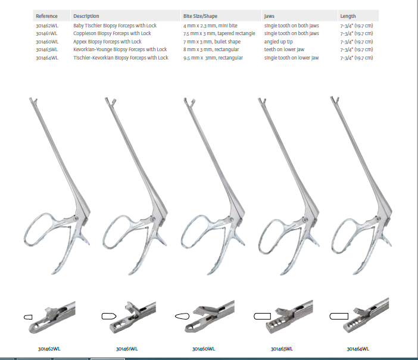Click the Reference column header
46,16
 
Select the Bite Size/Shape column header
200,16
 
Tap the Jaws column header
269,16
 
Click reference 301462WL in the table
47,26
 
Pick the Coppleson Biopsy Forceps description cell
112,33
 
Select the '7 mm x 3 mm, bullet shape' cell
212,42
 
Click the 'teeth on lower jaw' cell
284,49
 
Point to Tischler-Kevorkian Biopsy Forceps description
121,58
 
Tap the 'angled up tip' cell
278,42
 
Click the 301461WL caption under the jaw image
127,349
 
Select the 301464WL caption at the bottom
358,349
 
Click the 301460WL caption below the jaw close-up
204,349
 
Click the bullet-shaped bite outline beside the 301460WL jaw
182,317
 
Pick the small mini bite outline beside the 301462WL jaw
28,317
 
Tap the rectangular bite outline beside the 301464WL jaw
339,316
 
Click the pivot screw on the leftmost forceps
76,218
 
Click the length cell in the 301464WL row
357,58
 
